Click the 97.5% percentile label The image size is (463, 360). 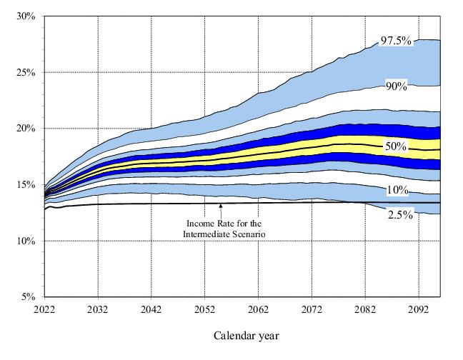click(x=396, y=41)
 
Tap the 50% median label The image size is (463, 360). click(x=396, y=146)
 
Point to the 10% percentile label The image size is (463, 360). click(x=397, y=190)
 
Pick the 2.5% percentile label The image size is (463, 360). click(x=399, y=215)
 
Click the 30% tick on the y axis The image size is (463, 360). click(x=25, y=16)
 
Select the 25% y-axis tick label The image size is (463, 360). click(x=25, y=72)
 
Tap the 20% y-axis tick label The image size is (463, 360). click(x=25, y=128)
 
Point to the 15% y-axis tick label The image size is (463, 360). click(x=25, y=184)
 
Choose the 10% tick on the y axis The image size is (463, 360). click(x=25, y=241)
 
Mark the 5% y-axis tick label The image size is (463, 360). click(x=27, y=296)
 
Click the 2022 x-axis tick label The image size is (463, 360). click(x=44, y=310)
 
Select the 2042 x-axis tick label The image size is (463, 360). click(x=151, y=310)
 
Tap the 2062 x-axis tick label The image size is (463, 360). click(x=258, y=310)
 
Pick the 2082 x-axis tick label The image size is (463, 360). click(x=365, y=310)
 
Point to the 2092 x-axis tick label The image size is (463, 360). click(x=419, y=310)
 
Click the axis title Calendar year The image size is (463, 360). click(x=246, y=335)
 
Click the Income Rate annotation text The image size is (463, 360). click(x=221, y=229)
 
